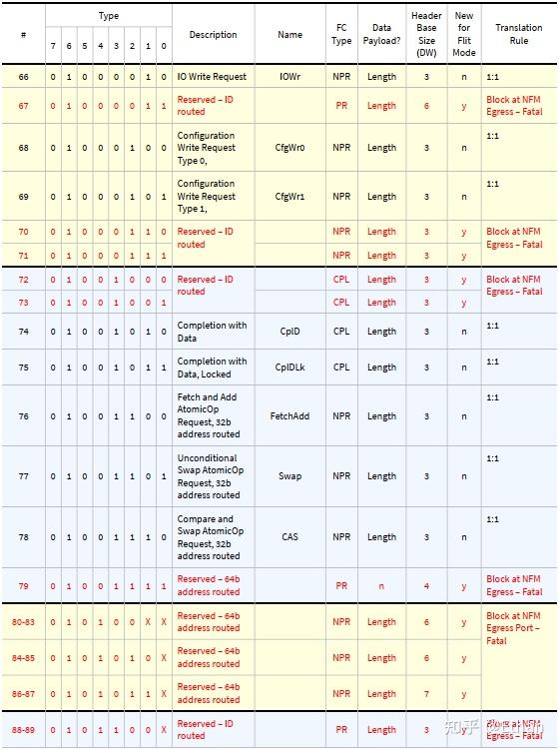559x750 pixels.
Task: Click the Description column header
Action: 213,35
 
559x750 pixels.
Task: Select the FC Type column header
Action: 341,35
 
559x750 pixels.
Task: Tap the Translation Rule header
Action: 518,35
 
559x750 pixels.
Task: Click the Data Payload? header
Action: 381,35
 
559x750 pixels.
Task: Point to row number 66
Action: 24,76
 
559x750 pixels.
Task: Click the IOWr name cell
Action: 289,76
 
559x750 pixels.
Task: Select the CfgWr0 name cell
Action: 289,148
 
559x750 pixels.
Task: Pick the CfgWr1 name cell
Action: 289,197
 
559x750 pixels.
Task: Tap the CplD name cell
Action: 289,332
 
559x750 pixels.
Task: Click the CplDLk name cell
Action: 289,368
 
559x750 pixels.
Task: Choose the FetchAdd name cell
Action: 289,416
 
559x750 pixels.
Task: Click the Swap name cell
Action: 289,476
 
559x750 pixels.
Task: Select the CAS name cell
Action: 289,537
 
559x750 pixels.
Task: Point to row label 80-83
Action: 24,622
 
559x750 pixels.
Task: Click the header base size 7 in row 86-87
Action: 426,694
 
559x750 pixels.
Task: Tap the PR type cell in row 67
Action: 341,105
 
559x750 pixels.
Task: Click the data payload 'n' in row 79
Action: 381,586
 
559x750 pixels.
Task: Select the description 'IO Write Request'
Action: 212,76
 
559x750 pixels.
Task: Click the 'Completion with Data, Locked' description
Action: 212,368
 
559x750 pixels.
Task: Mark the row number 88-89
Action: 24,730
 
